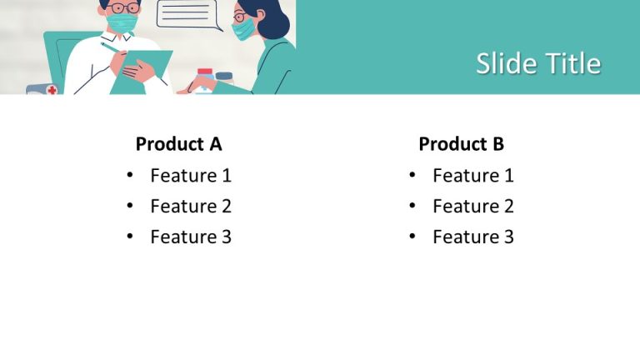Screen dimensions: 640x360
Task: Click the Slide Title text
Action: coord(538,63)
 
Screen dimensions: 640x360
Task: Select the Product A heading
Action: coord(178,143)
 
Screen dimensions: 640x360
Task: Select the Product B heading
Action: coord(461,143)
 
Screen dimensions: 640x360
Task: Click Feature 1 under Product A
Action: coord(191,176)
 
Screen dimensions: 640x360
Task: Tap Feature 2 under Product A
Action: coord(191,206)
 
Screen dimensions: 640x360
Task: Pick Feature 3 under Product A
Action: coord(191,237)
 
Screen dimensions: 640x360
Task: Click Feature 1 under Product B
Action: coord(473,176)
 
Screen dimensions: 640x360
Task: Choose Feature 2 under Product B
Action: coord(473,206)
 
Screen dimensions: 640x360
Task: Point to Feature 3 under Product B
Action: coord(473,237)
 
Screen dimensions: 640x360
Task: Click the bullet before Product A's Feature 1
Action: coord(130,175)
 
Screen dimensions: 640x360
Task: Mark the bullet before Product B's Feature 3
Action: coord(412,237)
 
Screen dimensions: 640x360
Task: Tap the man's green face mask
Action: coord(122,22)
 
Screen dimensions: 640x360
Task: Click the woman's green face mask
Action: coord(243,29)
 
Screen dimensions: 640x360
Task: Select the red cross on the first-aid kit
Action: coord(52,89)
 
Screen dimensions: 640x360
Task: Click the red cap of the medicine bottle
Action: coord(205,72)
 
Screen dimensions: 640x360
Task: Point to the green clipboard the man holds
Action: coord(141,72)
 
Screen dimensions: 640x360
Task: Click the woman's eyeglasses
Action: coord(240,17)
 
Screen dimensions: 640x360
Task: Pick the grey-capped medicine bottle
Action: coord(224,78)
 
